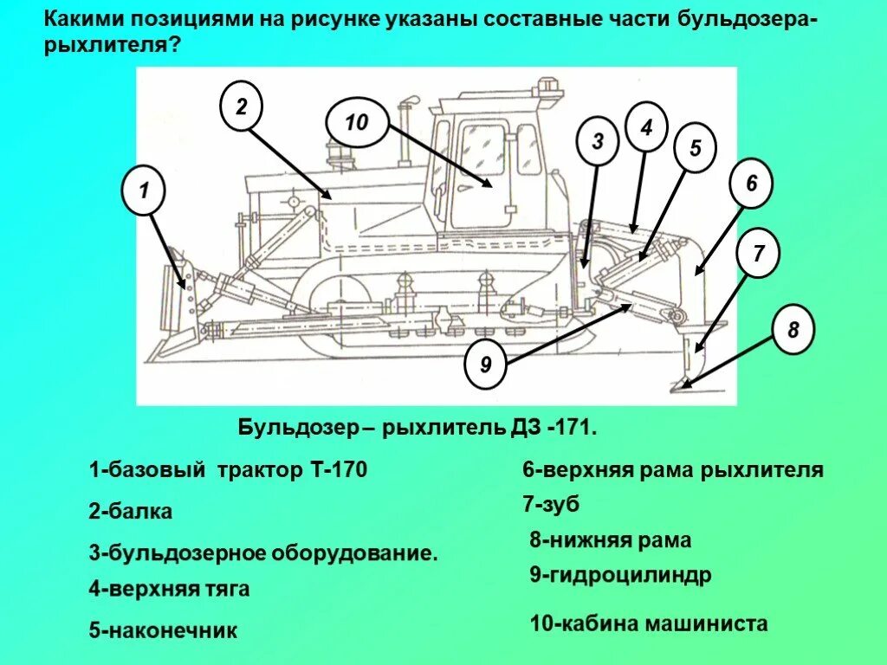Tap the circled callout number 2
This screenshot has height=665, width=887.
(241, 107)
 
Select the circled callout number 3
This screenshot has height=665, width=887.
(597, 141)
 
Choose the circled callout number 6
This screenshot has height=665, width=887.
(751, 184)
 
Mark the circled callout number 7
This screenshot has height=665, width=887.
(758, 255)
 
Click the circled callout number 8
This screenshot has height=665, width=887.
(793, 330)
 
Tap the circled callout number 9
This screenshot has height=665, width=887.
(485, 365)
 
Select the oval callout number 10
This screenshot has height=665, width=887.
(356, 123)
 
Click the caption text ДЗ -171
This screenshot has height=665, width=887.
(552, 428)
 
